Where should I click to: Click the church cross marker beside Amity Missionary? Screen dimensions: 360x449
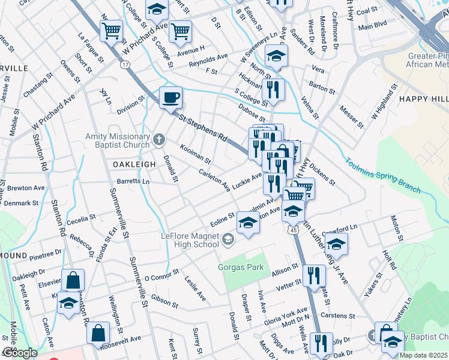159,140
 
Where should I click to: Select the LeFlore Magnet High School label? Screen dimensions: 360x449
190,240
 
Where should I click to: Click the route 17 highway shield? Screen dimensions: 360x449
125,64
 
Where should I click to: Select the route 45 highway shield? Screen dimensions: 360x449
293,229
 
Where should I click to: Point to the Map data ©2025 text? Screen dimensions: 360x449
423,355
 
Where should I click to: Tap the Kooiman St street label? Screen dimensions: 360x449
195,154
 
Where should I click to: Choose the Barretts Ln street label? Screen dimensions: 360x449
133,181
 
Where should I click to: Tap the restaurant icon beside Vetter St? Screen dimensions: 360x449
314,276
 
